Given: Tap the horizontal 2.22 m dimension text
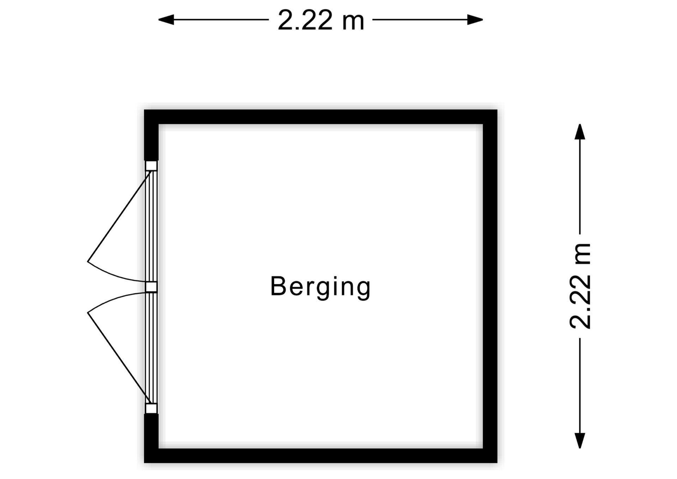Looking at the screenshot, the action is [321, 20].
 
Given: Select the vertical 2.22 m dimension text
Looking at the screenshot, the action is [580, 286].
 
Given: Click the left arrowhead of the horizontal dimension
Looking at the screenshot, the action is [166, 20].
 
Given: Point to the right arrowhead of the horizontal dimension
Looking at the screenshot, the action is [475, 20].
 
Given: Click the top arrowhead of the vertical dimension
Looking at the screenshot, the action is [580, 132].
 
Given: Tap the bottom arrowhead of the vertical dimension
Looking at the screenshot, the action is [580, 441].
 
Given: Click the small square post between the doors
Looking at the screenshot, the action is [151, 287].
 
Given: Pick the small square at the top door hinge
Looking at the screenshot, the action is [151, 166].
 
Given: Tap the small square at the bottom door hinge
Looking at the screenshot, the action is [151, 408].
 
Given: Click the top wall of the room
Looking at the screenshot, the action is [321, 117].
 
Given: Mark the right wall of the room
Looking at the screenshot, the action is [490, 286].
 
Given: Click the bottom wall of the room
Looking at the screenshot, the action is [321, 456].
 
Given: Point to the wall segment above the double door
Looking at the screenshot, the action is [151, 135].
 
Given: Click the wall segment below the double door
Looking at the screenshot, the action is [151, 438].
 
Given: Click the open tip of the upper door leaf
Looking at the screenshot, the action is [87, 261].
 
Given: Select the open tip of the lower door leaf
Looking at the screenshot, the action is [87, 313].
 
